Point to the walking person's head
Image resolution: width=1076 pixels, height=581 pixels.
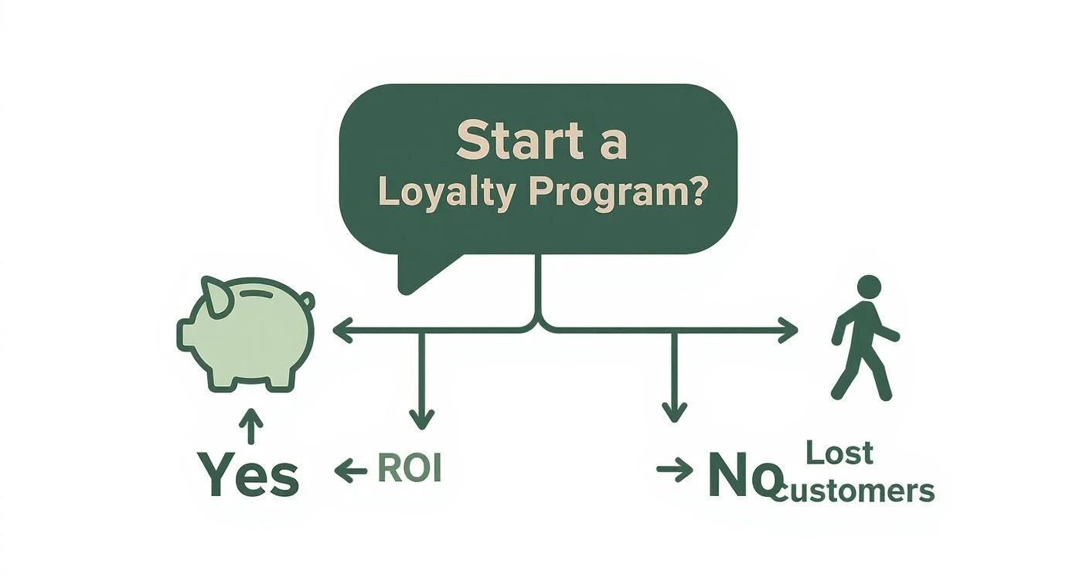tap(869, 287)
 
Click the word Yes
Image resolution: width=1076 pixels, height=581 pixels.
tap(248, 474)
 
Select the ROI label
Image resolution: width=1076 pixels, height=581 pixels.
tap(409, 469)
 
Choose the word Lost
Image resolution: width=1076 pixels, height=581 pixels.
tap(839, 453)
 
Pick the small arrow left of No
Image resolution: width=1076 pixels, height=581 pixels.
tap(675, 470)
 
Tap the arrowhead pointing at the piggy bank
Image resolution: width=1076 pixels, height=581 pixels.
tap(342, 331)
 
